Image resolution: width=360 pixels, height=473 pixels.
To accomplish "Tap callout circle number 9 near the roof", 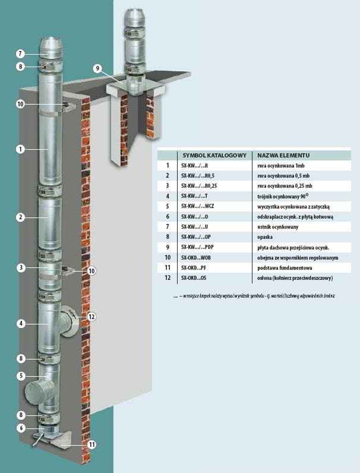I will pos(97,68).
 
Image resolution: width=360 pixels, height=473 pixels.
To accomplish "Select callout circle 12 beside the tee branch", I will pos(91,317).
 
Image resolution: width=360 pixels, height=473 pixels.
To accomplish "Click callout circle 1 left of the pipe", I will pos(20,149).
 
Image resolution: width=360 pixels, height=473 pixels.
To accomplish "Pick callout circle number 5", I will pos(20,376).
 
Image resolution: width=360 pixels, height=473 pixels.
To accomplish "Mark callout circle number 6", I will pos(20,427).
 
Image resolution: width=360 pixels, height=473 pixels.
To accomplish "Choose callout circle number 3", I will pos(20,268).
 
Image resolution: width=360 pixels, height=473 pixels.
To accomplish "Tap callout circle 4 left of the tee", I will pos(20,324).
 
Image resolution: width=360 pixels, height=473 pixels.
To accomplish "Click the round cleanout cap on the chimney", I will pos(37,392).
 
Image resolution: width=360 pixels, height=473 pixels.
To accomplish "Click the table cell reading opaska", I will pos(266,237).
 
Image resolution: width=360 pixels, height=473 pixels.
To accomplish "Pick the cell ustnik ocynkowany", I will pos(278,226).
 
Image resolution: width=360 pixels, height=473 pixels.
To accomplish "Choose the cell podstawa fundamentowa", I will pos(282,268).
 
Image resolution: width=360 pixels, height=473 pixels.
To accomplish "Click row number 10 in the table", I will pos(168,257).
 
